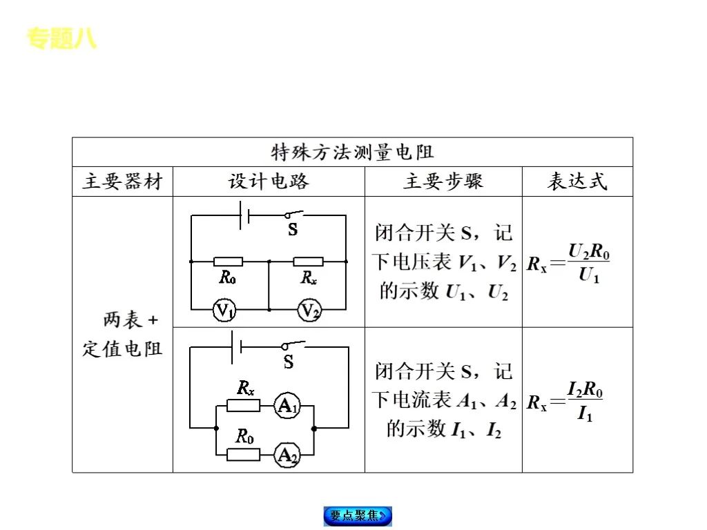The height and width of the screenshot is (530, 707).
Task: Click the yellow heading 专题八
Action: point(61,39)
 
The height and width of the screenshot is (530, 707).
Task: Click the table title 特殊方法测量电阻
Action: point(352,152)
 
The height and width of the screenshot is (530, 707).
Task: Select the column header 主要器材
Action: point(122,181)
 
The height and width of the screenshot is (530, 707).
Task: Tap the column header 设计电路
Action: point(269,181)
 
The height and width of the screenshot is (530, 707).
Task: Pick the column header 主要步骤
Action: point(443,181)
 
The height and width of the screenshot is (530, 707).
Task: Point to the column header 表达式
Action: point(577,181)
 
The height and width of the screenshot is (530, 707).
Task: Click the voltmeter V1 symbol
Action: point(224,311)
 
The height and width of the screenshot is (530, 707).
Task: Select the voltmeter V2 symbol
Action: point(309,311)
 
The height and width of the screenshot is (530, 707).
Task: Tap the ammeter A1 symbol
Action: point(286,406)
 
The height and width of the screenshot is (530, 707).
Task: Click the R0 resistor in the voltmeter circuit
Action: point(228,262)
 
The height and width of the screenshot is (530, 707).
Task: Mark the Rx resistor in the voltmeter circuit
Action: point(309,262)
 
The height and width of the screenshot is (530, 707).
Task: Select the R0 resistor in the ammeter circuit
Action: point(244,453)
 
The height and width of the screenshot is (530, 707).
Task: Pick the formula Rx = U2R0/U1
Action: point(569,264)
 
